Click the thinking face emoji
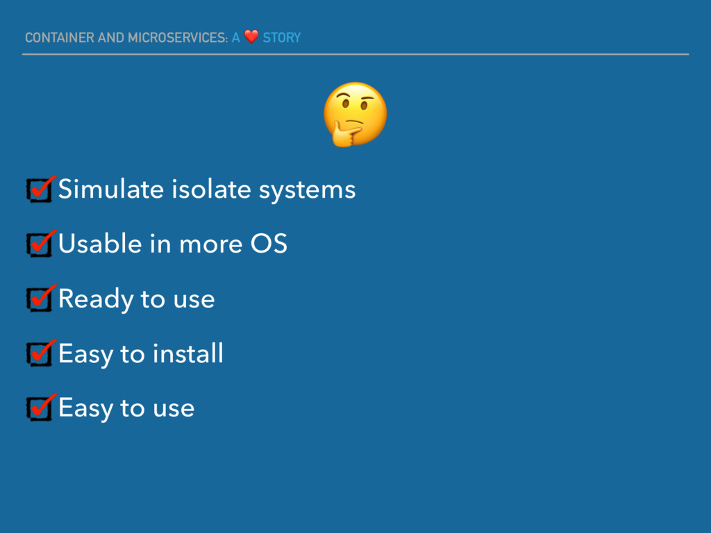click(x=355, y=115)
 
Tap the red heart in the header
click(x=251, y=37)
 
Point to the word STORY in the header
click(x=282, y=37)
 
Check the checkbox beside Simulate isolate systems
click(x=40, y=189)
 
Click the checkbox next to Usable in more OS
click(x=40, y=244)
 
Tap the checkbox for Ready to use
click(x=40, y=299)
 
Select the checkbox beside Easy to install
click(x=40, y=353)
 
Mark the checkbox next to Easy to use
click(x=40, y=408)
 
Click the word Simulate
click(x=110, y=189)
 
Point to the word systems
click(x=307, y=191)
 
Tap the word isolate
click(x=211, y=189)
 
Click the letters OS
click(x=269, y=244)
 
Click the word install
click(x=187, y=353)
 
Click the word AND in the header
click(x=111, y=37)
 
